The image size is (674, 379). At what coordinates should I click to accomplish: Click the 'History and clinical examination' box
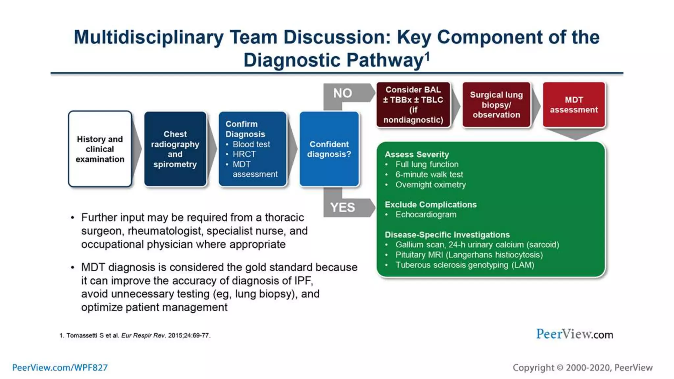coord(100,149)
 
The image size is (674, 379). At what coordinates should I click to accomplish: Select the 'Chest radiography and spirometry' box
coord(175,149)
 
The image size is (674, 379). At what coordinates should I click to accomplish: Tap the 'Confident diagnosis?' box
coord(329,149)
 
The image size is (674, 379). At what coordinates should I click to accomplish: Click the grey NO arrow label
coord(343,93)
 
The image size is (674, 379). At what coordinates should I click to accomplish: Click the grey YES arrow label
coord(343,208)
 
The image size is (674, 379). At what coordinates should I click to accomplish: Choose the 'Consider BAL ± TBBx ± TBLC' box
coord(413,105)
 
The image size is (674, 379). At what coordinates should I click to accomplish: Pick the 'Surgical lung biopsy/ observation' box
coord(496,105)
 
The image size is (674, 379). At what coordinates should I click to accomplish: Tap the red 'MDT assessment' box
coord(574,105)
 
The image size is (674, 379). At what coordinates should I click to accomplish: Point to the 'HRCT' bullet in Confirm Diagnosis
coord(244,154)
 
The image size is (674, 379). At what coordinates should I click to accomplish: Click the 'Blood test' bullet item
coord(251,144)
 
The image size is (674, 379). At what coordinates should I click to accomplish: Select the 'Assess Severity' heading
coord(417,154)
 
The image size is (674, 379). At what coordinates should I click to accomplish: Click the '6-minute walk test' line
coord(429,174)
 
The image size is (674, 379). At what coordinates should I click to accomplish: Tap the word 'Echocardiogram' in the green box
coord(426,215)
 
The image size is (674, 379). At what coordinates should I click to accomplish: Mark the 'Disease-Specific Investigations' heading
coord(447,235)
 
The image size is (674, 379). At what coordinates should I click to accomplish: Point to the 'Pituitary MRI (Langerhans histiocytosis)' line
coord(469,255)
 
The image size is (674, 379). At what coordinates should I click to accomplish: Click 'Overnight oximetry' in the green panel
coord(430,185)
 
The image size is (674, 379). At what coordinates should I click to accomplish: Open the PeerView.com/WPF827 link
coord(60,367)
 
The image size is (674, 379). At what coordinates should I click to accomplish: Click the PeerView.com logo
coord(574,334)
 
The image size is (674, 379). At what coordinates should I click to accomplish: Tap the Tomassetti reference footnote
coord(135,335)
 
